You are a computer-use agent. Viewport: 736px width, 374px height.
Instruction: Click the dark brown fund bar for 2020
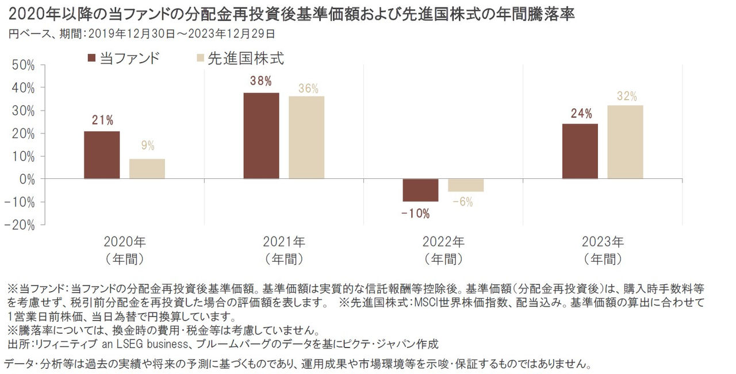[102, 155]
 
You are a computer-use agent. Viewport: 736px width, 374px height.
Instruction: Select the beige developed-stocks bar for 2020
[147, 169]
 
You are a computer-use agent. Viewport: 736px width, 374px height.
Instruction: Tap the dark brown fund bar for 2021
[261, 136]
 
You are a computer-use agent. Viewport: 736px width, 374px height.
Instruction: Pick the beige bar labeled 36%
[306, 138]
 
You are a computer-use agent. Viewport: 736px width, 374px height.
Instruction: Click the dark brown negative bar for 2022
[420, 190]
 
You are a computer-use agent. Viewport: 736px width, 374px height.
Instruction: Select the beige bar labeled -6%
[465, 185]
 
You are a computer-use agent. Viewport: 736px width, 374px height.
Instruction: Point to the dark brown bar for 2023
[580, 151]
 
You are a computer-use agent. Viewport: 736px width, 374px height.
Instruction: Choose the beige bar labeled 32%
[625, 142]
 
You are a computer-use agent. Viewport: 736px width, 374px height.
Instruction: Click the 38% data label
[260, 81]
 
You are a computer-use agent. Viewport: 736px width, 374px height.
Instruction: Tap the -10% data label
[416, 214]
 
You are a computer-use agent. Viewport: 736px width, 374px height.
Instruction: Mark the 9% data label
[148, 146]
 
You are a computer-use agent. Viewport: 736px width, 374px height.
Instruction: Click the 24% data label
[581, 113]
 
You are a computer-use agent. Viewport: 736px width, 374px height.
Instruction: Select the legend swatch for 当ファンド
[91, 58]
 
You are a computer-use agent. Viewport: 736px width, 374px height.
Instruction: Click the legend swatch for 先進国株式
[200, 58]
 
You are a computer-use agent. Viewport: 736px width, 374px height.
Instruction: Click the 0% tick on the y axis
[26, 179]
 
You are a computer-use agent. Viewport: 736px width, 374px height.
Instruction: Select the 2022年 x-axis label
[443, 241]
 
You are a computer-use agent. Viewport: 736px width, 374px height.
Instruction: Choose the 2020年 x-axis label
[124, 241]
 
